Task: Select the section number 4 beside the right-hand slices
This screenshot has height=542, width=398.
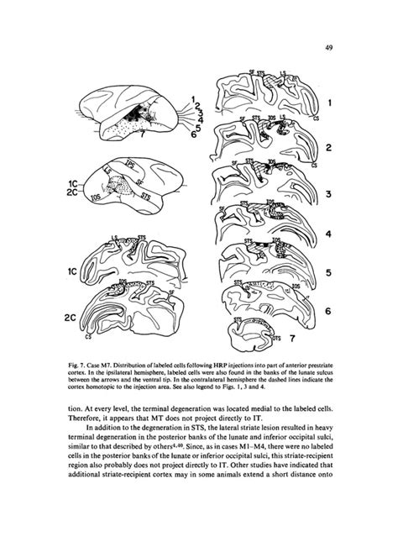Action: pyautogui.click(x=330, y=233)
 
